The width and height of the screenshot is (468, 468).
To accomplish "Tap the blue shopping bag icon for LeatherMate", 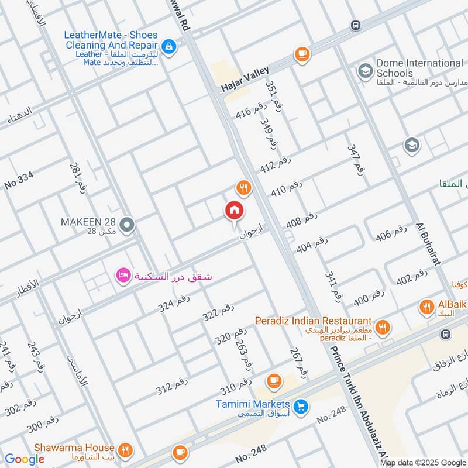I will (168, 46).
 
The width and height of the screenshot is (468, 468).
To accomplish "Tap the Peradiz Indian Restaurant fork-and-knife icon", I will (383, 327).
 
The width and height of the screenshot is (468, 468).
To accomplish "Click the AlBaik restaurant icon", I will (427, 306).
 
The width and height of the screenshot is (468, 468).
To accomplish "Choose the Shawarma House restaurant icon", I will (125, 450).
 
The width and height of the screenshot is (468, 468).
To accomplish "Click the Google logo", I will (25, 459).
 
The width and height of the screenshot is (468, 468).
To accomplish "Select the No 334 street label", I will (19, 178).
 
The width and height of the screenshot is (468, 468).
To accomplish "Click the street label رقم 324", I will (174, 301).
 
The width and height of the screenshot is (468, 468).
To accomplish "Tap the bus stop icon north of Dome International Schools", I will (355, 25).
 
